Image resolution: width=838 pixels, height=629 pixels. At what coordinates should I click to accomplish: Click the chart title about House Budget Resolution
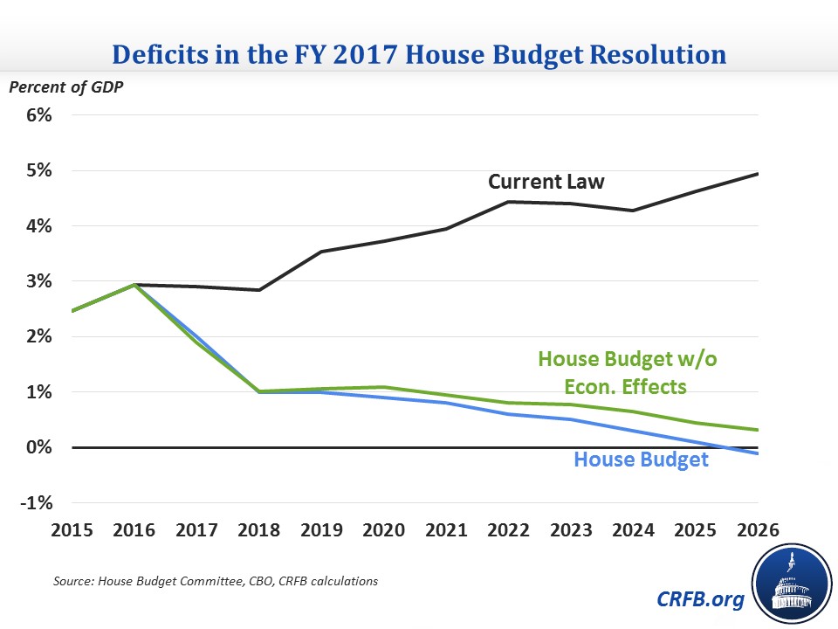pos(419,55)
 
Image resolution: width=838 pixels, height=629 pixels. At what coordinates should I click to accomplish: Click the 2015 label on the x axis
pos(74,530)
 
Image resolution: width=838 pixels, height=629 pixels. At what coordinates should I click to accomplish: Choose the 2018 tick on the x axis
pos(260,530)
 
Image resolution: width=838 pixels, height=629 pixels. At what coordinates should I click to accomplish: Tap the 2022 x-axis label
pos(509,530)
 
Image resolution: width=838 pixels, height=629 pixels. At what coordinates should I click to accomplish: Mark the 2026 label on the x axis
pos(757,530)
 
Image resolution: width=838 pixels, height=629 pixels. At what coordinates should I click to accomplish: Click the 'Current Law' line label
pos(546,182)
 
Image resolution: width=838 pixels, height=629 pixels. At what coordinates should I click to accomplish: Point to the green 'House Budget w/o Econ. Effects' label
pos(628,371)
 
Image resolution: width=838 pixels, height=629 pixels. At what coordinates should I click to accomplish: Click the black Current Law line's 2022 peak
pos(509,202)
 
